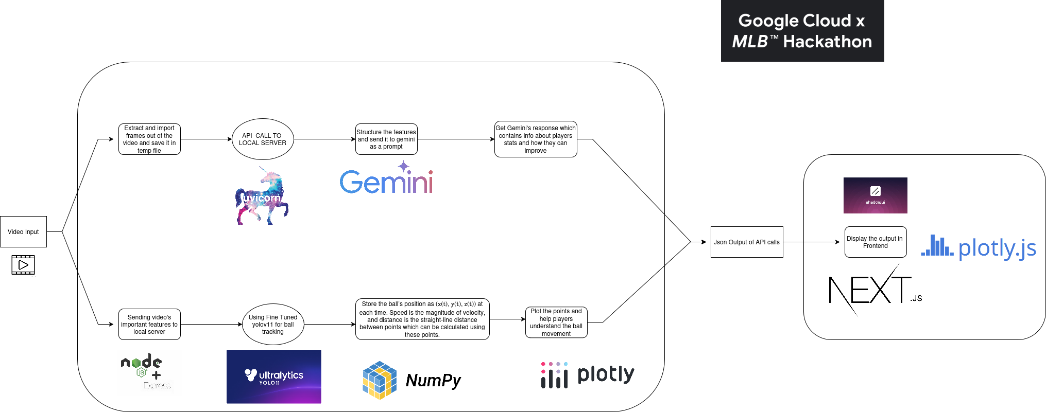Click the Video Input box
pyautogui.click(x=23, y=231)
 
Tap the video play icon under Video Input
pyautogui.click(x=23, y=265)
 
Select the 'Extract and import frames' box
pyautogui.click(x=149, y=139)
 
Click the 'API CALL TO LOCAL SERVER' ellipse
pyautogui.click(x=263, y=139)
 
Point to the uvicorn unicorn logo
pyautogui.click(x=262, y=195)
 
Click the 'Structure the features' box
pyautogui.click(x=386, y=139)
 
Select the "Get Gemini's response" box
pyautogui.click(x=536, y=139)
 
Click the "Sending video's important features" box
pyautogui.click(x=149, y=324)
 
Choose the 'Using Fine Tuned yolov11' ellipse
pyautogui.click(x=273, y=324)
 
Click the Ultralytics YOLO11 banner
pyautogui.click(x=274, y=377)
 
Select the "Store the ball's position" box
pyautogui.click(x=422, y=319)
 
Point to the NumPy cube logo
pyautogui.click(x=380, y=380)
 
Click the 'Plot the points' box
pyautogui.click(x=556, y=322)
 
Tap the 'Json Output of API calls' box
pyautogui.click(x=747, y=242)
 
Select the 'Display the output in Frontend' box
pyautogui.click(x=876, y=242)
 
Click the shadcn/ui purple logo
pyautogui.click(x=876, y=195)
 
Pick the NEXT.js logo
pyautogui.click(x=875, y=290)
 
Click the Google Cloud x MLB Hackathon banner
pyautogui.click(x=802, y=31)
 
